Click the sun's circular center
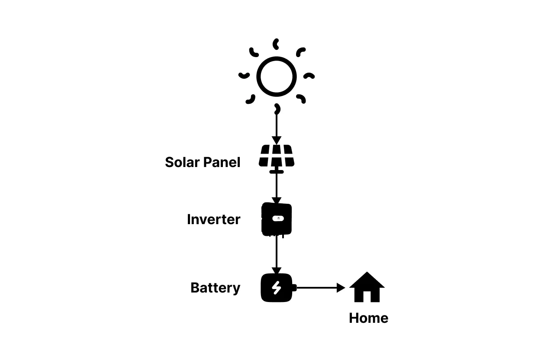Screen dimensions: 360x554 tap(277, 77)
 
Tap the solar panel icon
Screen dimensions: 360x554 tap(277, 156)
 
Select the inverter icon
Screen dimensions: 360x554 tap(277, 219)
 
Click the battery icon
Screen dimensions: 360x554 tap(277, 288)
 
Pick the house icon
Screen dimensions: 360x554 tap(367, 287)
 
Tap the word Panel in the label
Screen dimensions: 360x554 tap(222, 162)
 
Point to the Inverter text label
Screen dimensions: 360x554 tap(213, 219)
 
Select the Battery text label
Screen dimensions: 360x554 tap(215, 288)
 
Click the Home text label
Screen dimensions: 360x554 tap(368, 318)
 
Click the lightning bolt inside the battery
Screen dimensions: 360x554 tap(277, 288)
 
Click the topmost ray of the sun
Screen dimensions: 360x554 tap(276, 44)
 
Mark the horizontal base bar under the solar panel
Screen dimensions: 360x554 tap(277, 172)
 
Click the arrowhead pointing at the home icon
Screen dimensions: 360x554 tap(341, 288)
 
